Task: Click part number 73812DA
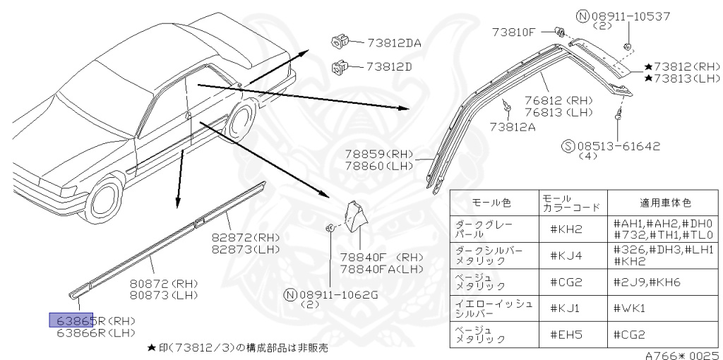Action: point(393,42)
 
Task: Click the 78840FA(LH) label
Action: point(381,269)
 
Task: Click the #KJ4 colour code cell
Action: point(565,255)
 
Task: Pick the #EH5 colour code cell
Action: point(565,334)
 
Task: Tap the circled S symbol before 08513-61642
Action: point(568,147)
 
